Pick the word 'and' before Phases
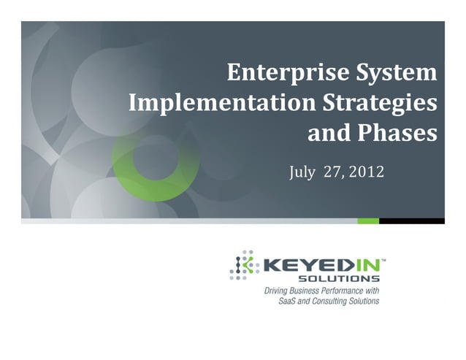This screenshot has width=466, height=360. coord(329,133)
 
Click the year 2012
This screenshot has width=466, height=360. coord(366,172)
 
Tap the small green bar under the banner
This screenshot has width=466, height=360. coord(368,221)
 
